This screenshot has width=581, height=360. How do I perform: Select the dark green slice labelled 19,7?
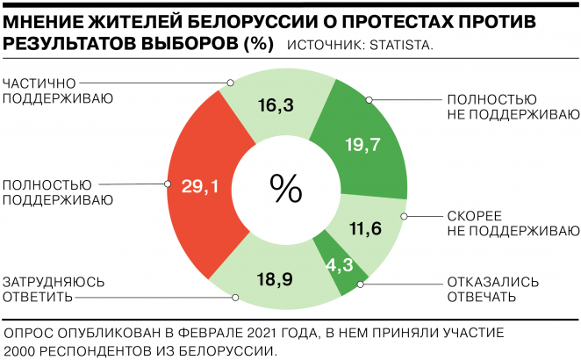(x=362, y=144)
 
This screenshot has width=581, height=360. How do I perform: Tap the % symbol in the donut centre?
(x=285, y=186)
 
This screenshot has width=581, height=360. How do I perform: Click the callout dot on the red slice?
(x=167, y=184)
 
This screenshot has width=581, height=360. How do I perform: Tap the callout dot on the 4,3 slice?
(x=361, y=284)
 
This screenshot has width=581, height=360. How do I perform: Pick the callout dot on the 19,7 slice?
(x=369, y=99)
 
